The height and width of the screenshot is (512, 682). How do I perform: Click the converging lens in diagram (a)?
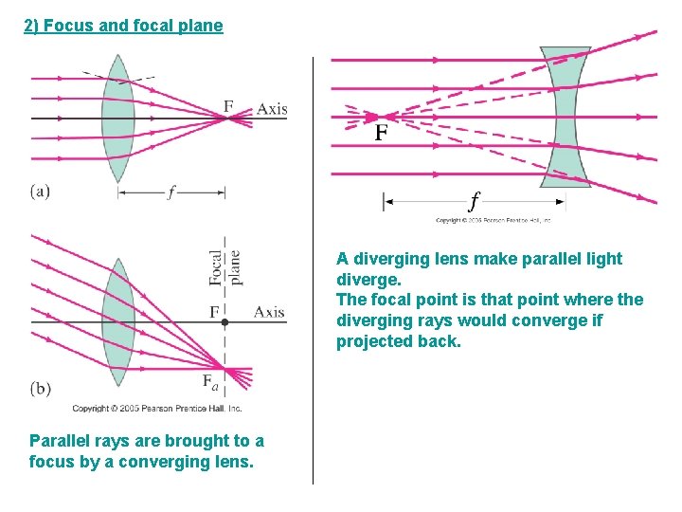point(117,118)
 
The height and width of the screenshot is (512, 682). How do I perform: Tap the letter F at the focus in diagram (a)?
point(228,106)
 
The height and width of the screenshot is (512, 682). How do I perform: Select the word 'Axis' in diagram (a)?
point(272,108)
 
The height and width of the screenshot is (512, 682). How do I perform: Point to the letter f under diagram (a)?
point(170,192)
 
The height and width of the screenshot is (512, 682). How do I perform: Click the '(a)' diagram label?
point(40,192)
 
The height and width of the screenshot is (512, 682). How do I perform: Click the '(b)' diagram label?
point(41,388)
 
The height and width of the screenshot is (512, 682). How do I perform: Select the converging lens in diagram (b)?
point(117,322)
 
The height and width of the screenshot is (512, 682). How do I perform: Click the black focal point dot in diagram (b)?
point(224,323)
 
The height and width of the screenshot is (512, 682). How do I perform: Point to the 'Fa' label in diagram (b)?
point(210,381)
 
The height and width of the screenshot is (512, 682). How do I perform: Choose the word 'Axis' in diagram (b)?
point(269,312)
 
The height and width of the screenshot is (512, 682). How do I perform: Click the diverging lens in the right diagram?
point(565,117)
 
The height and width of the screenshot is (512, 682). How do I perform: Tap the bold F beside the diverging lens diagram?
point(381,133)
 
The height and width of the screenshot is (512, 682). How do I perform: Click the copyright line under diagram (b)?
point(157,409)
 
